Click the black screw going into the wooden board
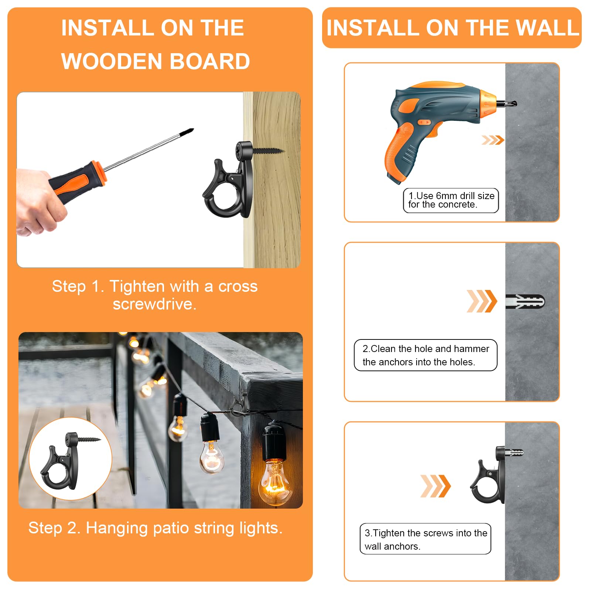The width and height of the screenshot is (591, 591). click(x=267, y=151)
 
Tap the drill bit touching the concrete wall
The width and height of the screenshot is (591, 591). click(x=508, y=104)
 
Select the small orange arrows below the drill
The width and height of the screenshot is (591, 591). click(x=493, y=140)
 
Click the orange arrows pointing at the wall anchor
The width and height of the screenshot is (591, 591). click(x=482, y=301)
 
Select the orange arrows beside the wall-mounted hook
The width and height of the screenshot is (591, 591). click(x=435, y=486)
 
